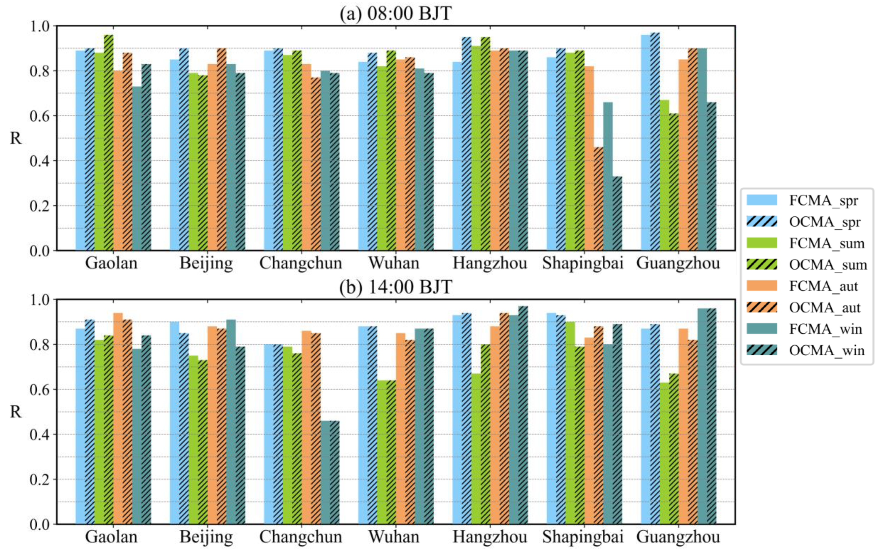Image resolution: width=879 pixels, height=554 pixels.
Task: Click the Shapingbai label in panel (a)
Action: [x=583, y=263]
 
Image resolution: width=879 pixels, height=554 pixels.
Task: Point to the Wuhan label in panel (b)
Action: [x=394, y=537]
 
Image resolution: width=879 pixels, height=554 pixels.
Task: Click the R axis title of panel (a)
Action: [x=15, y=138]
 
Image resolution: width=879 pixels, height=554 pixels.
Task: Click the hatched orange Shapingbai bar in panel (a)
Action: [x=598, y=199]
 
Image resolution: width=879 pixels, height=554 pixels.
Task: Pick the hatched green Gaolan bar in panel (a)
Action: [x=108, y=143]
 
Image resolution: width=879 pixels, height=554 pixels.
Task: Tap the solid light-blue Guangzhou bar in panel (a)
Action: [x=645, y=143]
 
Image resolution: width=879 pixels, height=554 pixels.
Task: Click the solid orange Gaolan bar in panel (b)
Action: [x=118, y=418]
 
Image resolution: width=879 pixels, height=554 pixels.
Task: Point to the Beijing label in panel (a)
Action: [x=206, y=263]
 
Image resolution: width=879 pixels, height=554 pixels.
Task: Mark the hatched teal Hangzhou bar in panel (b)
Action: [x=523, y=415]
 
